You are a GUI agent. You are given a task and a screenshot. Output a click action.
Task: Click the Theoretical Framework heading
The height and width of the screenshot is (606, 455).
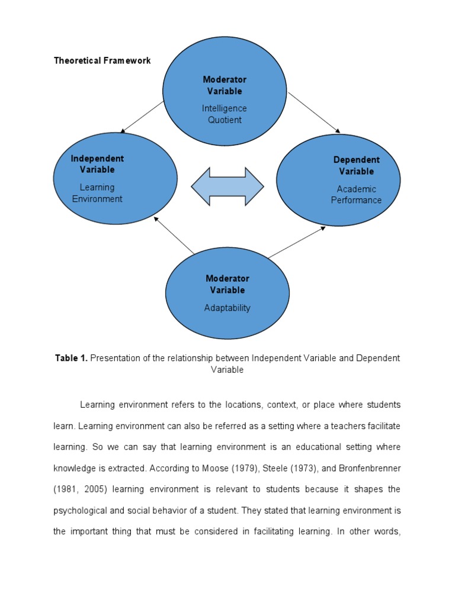click(102, 60)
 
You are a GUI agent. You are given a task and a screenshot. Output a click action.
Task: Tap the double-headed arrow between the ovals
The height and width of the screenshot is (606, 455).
click(227, 186)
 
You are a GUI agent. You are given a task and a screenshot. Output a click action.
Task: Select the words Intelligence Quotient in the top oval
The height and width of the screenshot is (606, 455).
click(225, 114)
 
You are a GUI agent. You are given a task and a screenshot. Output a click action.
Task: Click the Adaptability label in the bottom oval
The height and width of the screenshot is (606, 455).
click(227, 308)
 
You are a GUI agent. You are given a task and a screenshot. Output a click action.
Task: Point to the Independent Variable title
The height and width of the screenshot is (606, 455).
click(97, 164)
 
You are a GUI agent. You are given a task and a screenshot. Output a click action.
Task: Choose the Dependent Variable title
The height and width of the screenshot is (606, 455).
click(357, 166)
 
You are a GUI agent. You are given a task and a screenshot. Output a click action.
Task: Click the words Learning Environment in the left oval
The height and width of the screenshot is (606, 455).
click(97, 193)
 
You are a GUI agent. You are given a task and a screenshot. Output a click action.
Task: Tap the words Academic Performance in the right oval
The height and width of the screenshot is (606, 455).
click(356, 195)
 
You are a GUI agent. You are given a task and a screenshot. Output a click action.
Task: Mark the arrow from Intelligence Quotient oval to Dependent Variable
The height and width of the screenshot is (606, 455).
click(314, 112)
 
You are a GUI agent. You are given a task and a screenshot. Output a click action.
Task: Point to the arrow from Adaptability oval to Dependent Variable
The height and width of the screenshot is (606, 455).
click(296, 242)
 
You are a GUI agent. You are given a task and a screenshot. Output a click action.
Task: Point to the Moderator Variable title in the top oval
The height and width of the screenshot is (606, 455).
click(225, 85)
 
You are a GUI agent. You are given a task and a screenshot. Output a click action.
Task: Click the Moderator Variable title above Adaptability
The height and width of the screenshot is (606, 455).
click(227, 284)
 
